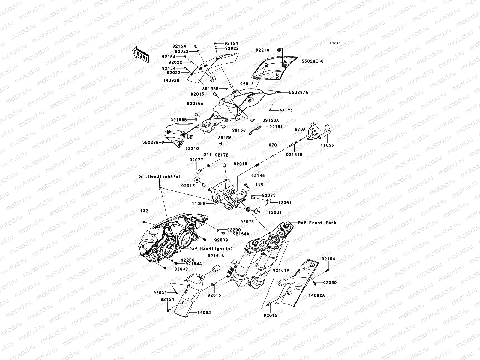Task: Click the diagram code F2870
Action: [335, 43]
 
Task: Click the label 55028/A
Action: [298, 93]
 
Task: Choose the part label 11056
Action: [199, 203]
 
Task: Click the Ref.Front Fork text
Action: [317, 223]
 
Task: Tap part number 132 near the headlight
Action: [144, 211]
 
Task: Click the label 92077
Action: [196, 160]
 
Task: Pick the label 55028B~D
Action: [152, 142]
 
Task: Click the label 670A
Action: [300, 129]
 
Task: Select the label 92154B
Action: [294, 155]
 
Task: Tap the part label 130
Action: [259, 184]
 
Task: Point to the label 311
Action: [208, 154]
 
